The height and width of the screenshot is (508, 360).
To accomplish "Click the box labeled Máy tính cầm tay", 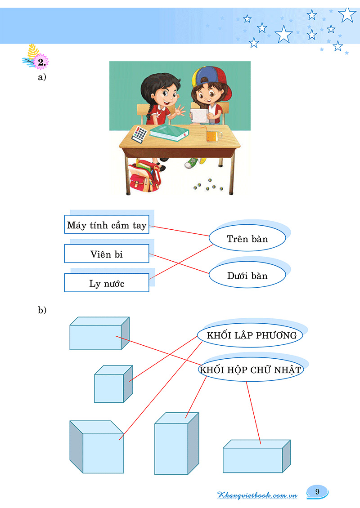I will click(107, 225).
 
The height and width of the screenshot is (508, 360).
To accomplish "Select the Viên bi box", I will click(107, 254).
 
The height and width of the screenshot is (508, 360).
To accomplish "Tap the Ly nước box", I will click(107, 283).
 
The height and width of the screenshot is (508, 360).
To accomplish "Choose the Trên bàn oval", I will click(247, 239).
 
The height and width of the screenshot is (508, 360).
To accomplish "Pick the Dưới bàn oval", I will click(247, 276).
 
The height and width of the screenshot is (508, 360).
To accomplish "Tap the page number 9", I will click(317, 491).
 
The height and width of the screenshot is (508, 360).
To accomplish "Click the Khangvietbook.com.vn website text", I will click(257, 495).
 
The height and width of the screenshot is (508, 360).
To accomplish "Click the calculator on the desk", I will click(140, 134).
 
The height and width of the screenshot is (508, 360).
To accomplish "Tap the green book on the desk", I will click(169, 132).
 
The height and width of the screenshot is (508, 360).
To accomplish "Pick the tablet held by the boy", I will click(199, 114).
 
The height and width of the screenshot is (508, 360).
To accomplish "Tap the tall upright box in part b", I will click(176, 444).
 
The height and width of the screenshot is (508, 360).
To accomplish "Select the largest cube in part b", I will click(97, 447).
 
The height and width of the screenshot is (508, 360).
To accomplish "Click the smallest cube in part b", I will click(113, 384).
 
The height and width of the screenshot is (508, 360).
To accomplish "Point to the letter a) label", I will click(42, 77).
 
